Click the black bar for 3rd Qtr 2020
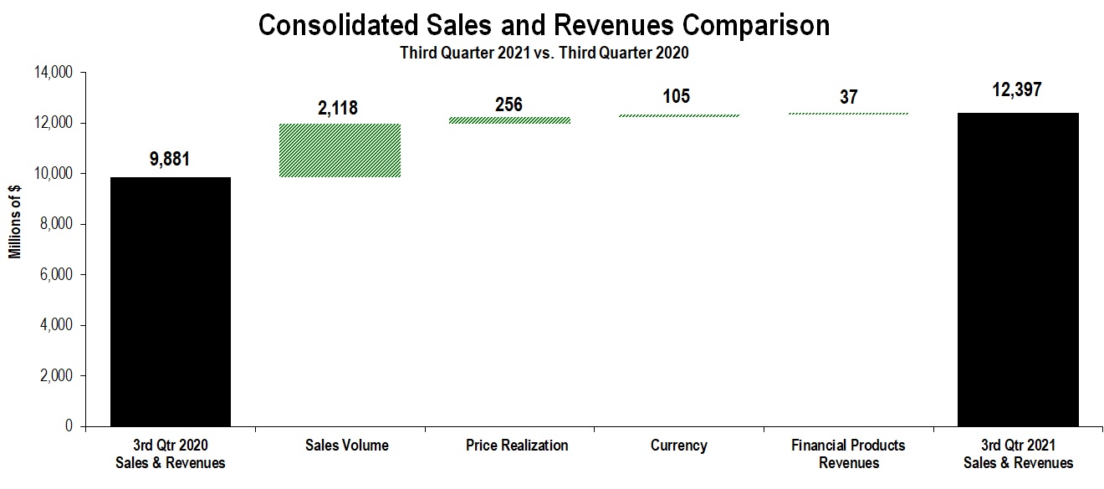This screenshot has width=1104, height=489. (171, 301)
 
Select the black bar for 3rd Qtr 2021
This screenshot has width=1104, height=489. (1018, 269)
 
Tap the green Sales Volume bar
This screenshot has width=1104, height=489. (340, 150)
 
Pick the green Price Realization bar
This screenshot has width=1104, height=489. (509, 120)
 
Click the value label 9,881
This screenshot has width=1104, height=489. (171, 159)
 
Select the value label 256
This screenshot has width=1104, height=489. (509, 104)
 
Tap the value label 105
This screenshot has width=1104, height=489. (677, 97)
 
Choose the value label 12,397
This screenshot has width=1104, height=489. (1017, 90)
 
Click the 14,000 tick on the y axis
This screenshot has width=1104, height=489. (53, 74)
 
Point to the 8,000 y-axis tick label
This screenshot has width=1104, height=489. (56, 225)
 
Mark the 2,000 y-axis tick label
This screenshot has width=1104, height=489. (56, 376)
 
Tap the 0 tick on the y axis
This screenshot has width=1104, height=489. (70, 426)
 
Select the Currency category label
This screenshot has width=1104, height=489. (678, 446)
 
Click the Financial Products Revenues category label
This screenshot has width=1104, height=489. (848, 454)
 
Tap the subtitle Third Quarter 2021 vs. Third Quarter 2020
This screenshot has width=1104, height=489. (544, 53)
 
